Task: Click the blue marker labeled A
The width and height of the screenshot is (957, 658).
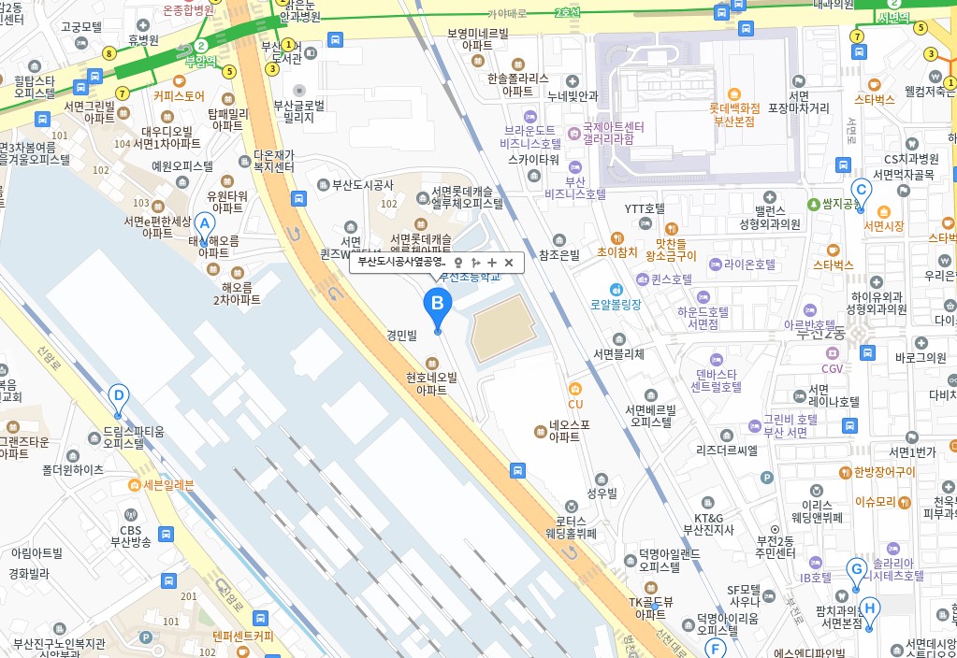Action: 204,225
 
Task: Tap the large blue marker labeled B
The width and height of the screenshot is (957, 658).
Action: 437,305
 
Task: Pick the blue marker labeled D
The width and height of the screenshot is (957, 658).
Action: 118,396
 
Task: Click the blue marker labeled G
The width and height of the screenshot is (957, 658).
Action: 855,569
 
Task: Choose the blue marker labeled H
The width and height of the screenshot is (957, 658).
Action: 870,609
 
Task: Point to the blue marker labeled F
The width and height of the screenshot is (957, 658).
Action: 716,648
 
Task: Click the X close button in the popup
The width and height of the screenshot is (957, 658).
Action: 509,263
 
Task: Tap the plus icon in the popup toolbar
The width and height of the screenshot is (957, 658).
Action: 492,263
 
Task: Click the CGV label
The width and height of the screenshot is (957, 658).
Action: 833,368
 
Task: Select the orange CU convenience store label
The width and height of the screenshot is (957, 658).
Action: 575,404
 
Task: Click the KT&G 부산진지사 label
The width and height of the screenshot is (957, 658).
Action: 708,523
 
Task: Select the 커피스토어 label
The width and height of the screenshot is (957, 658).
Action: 179,95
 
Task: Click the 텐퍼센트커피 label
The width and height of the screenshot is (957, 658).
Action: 242,636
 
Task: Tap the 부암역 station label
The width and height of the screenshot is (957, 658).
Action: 200,62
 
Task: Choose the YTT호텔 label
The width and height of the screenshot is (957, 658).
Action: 645,208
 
